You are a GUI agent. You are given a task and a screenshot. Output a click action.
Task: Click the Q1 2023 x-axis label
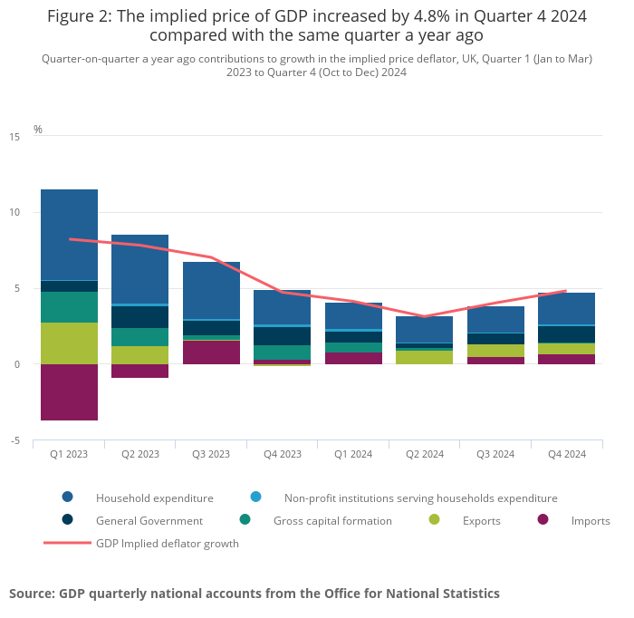click(x=69, y=454)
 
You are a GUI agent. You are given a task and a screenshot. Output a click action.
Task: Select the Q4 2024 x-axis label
click(x=567, y=454)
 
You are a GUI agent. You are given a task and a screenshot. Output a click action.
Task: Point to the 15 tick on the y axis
click(x=14, y=137)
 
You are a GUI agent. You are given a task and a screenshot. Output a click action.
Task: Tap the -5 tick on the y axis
click(x=15, y=441)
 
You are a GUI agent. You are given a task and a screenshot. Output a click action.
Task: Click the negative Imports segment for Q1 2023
click(x=69, y=392)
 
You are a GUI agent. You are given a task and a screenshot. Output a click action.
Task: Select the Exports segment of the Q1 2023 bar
click(x=69, y=343)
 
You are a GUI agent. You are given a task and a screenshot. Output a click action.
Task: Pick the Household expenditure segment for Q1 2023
click(x=69, y=235)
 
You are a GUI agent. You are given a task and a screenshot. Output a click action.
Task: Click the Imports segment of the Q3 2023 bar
click(x=211, y=352)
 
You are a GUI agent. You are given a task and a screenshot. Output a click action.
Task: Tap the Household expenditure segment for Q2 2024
click(x=425, y=329)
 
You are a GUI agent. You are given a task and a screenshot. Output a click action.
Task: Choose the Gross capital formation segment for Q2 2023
click(x=139, y=337)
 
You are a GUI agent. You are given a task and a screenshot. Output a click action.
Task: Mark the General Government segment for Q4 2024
click(x=567, y=334)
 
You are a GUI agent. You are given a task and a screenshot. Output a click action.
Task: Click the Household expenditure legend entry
click(x=154, y=497)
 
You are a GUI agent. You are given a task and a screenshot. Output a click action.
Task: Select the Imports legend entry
click(x=591, y=521)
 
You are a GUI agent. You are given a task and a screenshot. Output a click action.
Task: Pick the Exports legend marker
click(x=434, y=520)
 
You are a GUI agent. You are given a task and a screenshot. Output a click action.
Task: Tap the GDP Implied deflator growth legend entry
click(x=167, y=544)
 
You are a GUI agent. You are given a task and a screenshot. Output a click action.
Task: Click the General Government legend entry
click(x=149, y=521)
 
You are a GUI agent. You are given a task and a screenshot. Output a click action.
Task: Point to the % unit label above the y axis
click(x=38, y=130)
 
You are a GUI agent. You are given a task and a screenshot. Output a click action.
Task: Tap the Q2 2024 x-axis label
click(x=425, y=454)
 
